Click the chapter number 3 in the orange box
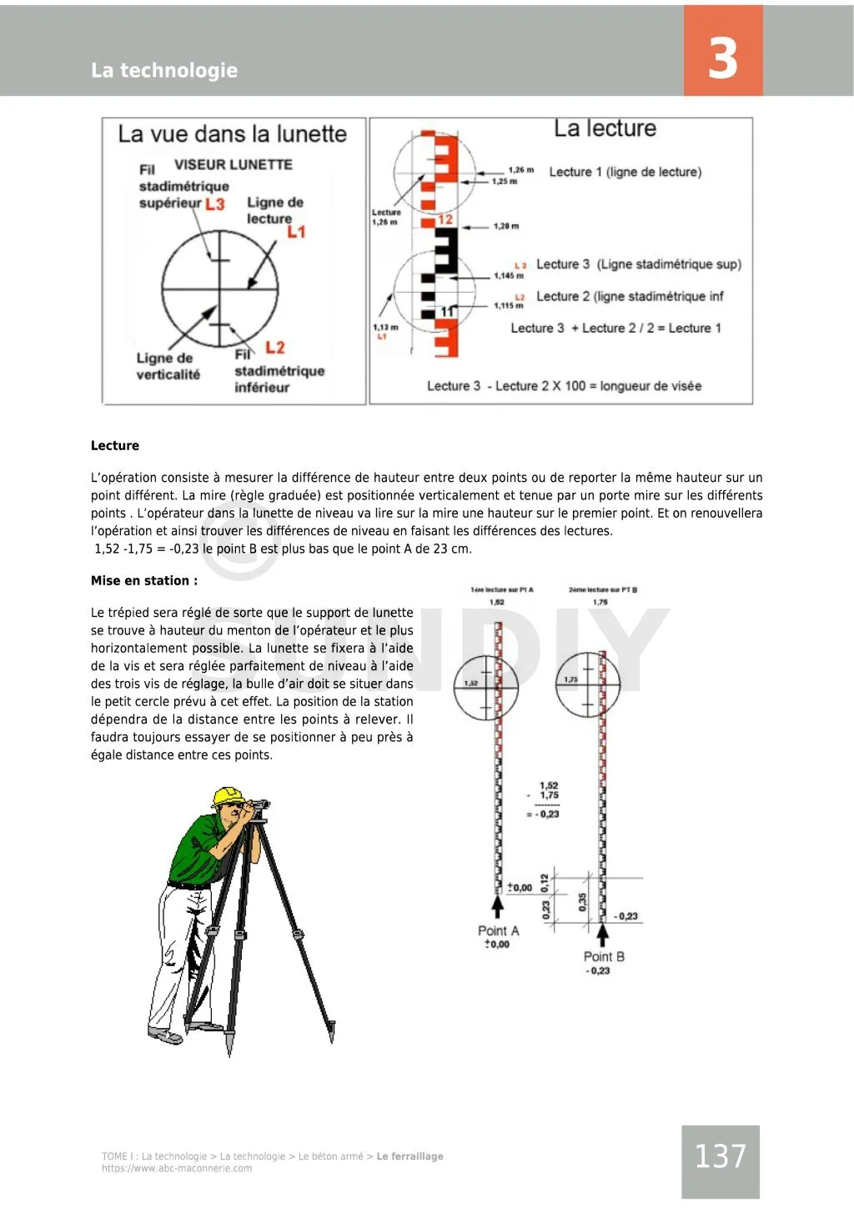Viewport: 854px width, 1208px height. [x=722, y=58]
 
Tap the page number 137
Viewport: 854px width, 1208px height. [x=720, y=1156]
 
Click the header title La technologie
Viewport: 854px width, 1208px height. [x=164, y=70]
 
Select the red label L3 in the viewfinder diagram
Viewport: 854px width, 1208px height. [x=214, y=203]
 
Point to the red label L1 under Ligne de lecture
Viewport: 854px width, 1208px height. [x=296, y=232]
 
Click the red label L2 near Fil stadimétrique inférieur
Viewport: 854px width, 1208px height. [x=274, y=348]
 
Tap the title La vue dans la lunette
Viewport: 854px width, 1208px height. [x=232, y=134]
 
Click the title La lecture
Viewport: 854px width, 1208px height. [x=605, y=128]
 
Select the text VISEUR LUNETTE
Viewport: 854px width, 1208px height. [x=233, y=165]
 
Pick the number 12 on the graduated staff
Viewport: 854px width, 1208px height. [x=445, y=219]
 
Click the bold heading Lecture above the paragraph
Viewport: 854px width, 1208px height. [x=115, y=446]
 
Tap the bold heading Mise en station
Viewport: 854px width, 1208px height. [x=144, y=581]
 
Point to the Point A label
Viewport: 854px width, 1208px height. [x=498, y=930]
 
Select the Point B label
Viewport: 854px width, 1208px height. [x=604, y=956]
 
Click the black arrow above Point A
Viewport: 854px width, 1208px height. [x=498, y=906]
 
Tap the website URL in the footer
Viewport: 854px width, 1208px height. [x=177, y=1168]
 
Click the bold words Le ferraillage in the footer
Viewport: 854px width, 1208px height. [x=409, y=1156]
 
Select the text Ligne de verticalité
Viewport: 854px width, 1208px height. [x=168, y=367]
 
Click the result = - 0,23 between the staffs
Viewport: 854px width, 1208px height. [x=543, y=814]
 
